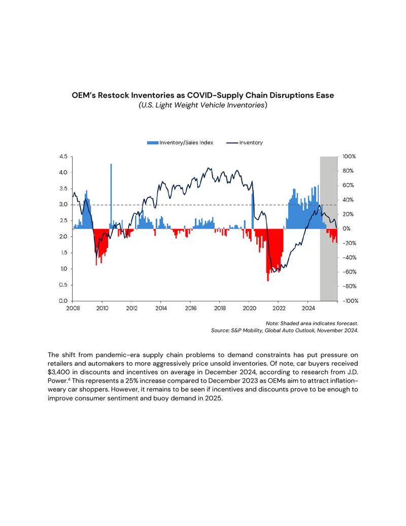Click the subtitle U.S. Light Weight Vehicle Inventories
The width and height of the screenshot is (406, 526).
(203, 105)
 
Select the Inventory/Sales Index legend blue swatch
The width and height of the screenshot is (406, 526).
(152, 143)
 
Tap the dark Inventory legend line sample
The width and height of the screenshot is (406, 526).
(232, 143)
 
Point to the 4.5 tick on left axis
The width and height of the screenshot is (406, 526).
(63, 157)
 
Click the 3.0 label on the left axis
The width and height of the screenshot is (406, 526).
(63, 204)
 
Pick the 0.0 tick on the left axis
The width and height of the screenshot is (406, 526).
(63, 301)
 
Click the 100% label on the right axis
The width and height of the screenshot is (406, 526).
(349, 157)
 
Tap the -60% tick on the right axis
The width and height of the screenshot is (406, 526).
(349, 272)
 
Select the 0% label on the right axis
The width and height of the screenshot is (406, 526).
(347, 229)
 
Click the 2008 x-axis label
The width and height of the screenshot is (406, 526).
(73, 308)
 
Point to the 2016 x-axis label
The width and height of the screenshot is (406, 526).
(191, 308)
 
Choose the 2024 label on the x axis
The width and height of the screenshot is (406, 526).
(308, 308)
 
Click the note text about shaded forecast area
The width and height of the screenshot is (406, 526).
(312, 323)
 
